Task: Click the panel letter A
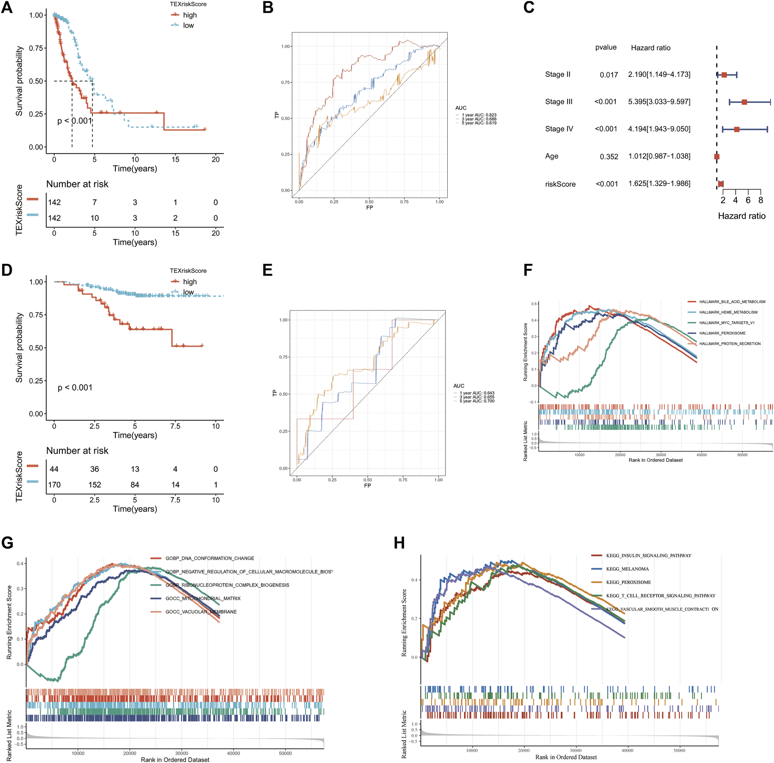pyautogui.click(x=7, y=8)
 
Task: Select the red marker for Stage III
pyautogui.click(x=744, y=102)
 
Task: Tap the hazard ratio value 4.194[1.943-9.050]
pyautogui.click(x=659, y=129)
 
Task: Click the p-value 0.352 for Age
pyautogui.click(x=609, y=156)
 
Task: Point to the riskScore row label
pyautogui.click(x=560, y=184)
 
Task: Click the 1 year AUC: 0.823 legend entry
pyautogui.click(x=479, y=115)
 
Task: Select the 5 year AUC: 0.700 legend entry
pyautogui.click(x=477, y=401)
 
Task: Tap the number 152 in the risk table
pyautogui.click(x=94, y=485)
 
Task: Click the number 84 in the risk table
pyautogui.click(x=135, y=485)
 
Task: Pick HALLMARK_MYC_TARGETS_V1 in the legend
pyautogui.click(x=727, y=323)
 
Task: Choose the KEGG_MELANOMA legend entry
pyautogui.click(x=627, y=569)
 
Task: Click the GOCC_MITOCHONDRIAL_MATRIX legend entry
pyautogui.click(x=203, y=598)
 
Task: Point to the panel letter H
pyautogui.click(x=399, y=543)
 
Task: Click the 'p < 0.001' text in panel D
pyautogui.click(x=75, y=388)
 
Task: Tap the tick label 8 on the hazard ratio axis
pyautogui.click(x=760, y=200)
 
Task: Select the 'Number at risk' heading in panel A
pyautogui.click(x=77, y=184)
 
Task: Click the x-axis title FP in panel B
pyautogui.click(x=370, y=207)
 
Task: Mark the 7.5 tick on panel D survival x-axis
pyautogui.click(x=175, y=426)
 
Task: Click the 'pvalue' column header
pyautogui.click(x=606, y=47)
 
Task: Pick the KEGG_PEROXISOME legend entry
pyautogui.click(x=628, y=582)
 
